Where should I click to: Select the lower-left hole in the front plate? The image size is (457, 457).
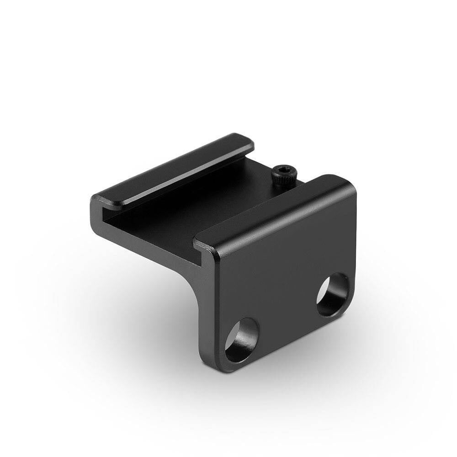pos(242,339)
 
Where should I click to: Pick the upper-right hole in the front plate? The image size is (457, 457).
pos(333,294)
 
